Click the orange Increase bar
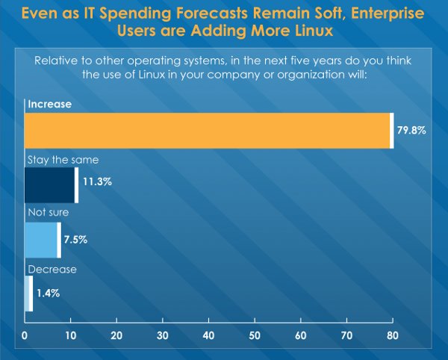[208, 131]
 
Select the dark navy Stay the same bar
[50, 184]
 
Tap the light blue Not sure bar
[41, 240]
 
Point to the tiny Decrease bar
[28, 294]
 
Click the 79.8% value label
[411, 131]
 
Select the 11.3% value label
[97, 181]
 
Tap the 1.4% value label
[49, 294]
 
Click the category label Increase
[49, 105]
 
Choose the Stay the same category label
[63, 160]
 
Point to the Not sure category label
[48, 213]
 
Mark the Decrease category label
[52, 269]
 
